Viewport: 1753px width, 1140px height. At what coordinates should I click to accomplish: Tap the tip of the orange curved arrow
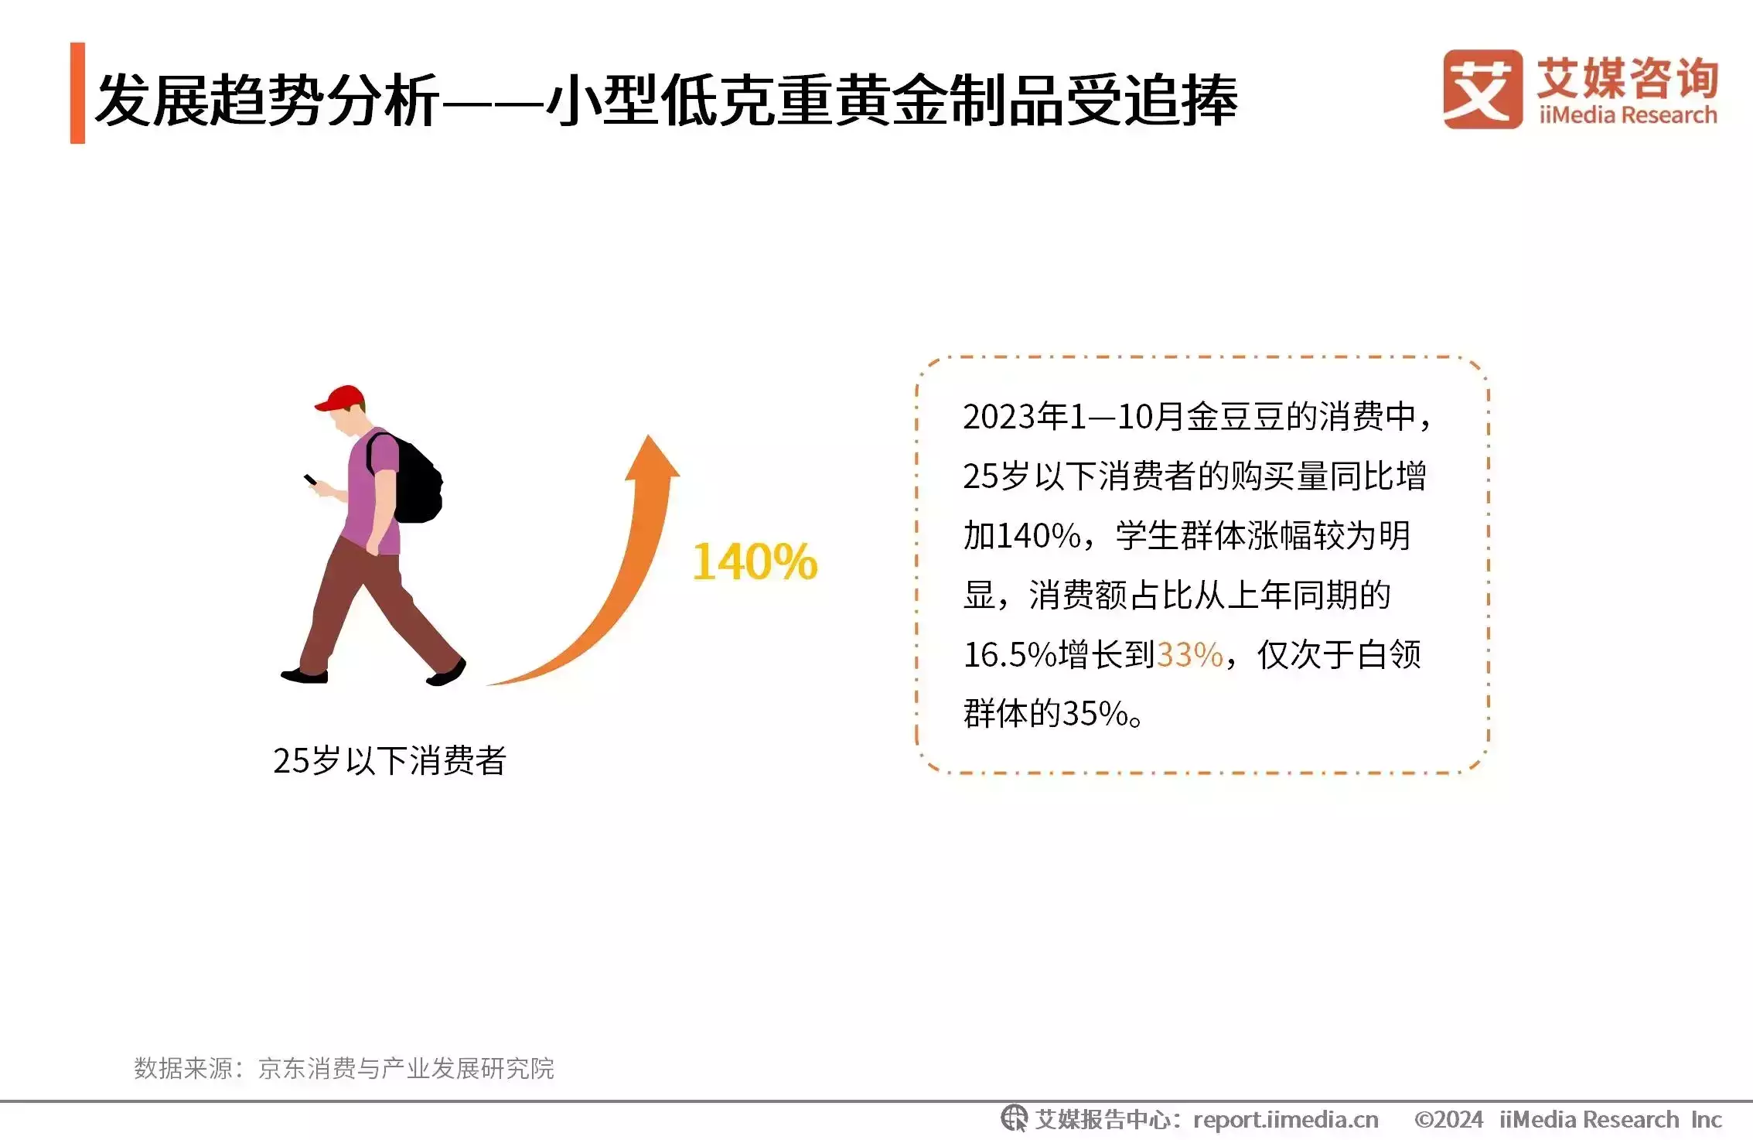[648, 435]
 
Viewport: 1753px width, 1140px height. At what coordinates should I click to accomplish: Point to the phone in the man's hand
[310, 480]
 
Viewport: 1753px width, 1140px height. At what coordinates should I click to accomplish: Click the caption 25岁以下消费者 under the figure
[390, 761]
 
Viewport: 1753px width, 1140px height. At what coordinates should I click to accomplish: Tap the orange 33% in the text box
[1190, 655]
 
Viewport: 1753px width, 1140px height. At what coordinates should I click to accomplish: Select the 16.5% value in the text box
[1010, 655]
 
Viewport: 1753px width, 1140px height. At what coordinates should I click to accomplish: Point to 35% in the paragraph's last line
[1096, 714]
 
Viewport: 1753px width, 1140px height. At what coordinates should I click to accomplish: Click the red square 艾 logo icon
[1482, 89]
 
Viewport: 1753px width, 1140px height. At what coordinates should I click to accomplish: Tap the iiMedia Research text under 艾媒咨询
[1628, 115]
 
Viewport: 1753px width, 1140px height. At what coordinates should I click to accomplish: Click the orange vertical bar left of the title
[77, 93]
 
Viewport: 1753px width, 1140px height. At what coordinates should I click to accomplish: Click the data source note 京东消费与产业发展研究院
[406, 1068]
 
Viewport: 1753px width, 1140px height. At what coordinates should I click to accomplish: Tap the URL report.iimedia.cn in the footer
[1286, 1119]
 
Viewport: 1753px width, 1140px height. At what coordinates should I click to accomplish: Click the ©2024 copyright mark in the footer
[1448, 1119]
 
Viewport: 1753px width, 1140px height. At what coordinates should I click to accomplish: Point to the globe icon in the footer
[1014, 1118]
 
